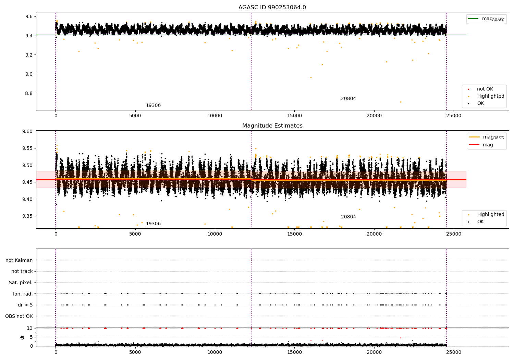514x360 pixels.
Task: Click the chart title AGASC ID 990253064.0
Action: pyautogui.click(x=272, y=8)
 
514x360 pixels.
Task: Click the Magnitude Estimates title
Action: pyautogui.click(x=272, y=126)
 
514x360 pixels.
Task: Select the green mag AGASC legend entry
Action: pyautogui.click(x=486, y=19)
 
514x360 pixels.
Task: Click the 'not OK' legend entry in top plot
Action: pyautogui.click(x=485, y=89)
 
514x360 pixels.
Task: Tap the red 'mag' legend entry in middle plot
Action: pyautogui.click(x=488, y=145)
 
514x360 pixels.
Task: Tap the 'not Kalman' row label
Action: pyautogui.click(x=19, y=260)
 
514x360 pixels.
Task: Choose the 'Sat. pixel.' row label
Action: pyautogui.click(x=21, y=283)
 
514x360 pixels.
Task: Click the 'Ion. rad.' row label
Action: pyautogui.click(x=23, y=294)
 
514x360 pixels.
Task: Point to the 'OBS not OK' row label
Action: pyautogui.click(x=19, y=316)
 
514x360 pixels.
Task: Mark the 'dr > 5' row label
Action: pyautogui.click(x=25, y=305)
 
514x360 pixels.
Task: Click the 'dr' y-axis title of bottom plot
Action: pyautogui.click(x=22, y=337)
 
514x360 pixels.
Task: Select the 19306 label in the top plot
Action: pyautogui.click(x=153, y=106)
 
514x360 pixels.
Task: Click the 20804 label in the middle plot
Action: pyautogui.click(x=348, y=217)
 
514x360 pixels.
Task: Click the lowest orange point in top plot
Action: pyautogui.click(x=401, y=102)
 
